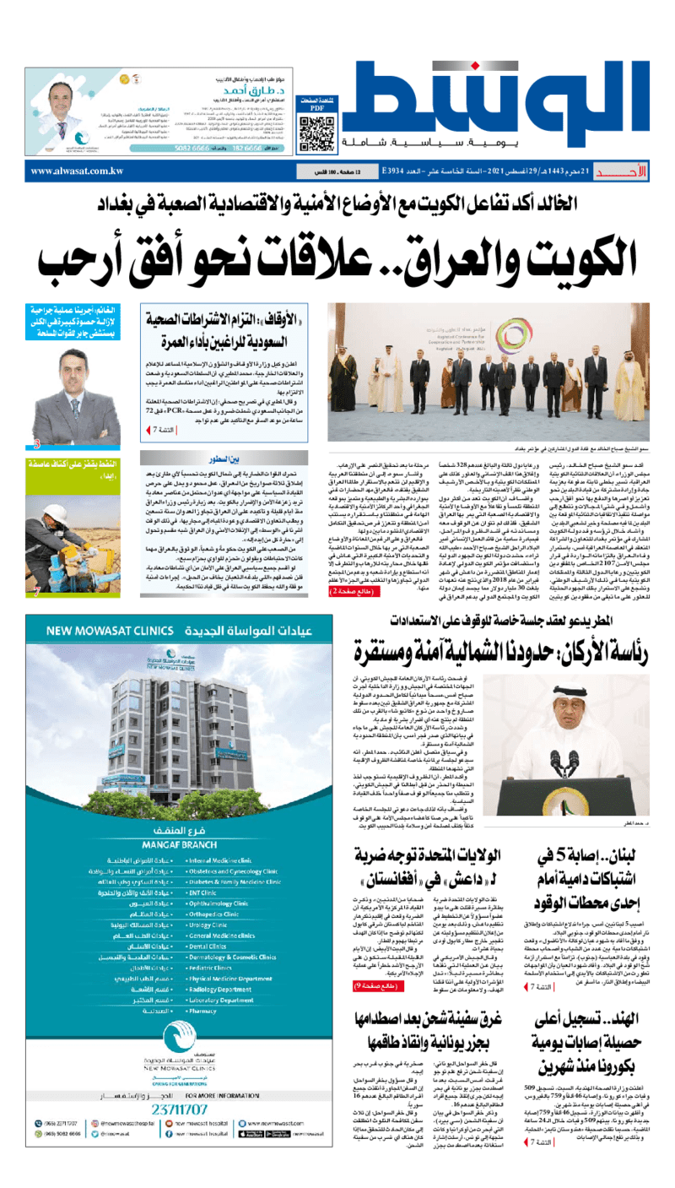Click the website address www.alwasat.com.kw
[x=77, y=171]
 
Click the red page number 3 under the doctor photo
[x=36, y=442]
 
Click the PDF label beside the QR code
[x=317, y=108]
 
